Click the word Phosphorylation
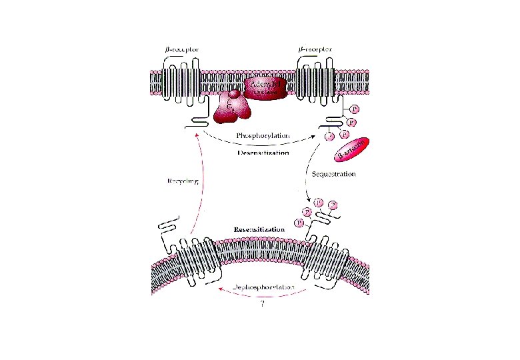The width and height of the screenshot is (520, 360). (263, 135)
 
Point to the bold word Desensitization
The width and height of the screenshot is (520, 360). (263, 153)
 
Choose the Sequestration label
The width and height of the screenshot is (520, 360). (333, 174)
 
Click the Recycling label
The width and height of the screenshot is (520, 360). (183, 180)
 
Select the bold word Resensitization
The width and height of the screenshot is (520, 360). (259, 229)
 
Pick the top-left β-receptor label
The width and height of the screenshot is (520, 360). (181, 49)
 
